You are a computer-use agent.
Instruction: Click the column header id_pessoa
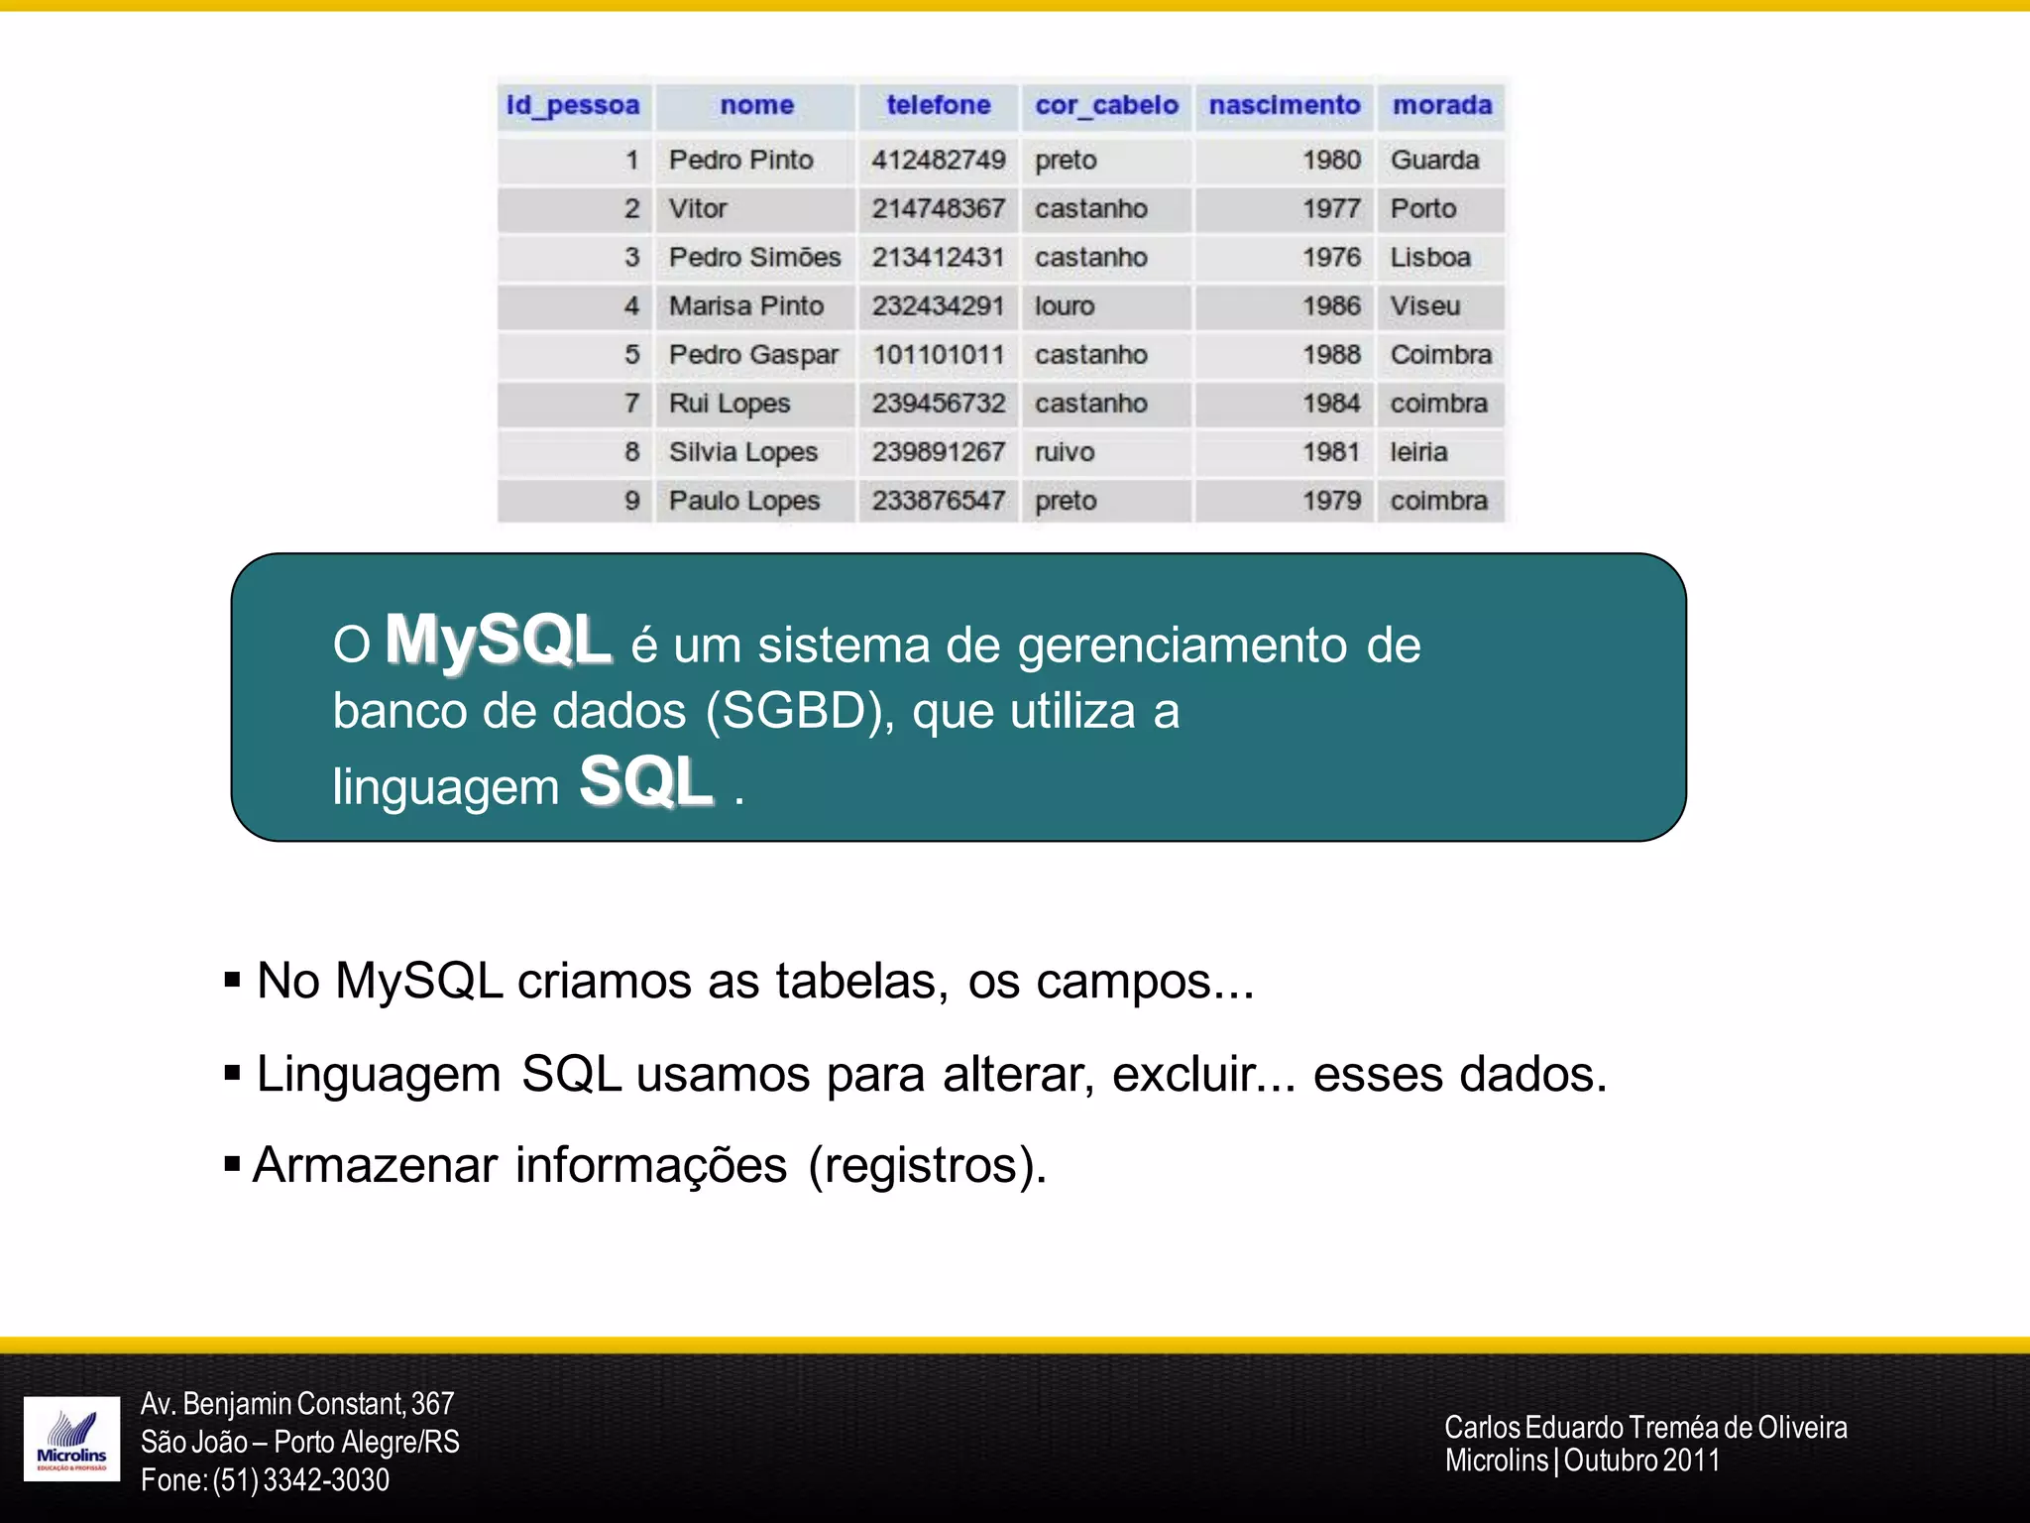click(573, 105)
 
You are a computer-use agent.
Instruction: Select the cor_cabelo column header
click(1106, 105)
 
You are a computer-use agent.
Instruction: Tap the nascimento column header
click(1284, 105)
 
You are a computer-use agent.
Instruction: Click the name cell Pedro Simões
click(754, 257)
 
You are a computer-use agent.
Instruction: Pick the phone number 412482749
click(938, 160)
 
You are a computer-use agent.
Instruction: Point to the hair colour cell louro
click(1065, 305)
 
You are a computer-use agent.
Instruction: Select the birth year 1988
click(1331, 354)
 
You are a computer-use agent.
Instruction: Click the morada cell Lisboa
click(1429, 257)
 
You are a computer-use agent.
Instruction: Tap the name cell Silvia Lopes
click(742, 452)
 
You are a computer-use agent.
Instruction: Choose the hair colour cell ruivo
click(1065, 452)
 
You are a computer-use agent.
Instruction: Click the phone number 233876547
click(938, 501)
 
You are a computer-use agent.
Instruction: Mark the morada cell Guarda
click(1434, 160)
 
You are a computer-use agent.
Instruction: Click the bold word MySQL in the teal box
click(498, 641)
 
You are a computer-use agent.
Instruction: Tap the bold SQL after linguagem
click(645, 781)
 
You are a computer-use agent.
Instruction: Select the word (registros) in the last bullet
click(927, 1165)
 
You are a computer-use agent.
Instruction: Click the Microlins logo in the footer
click(71, 1439)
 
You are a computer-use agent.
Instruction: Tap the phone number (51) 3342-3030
click(300, 1480)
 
